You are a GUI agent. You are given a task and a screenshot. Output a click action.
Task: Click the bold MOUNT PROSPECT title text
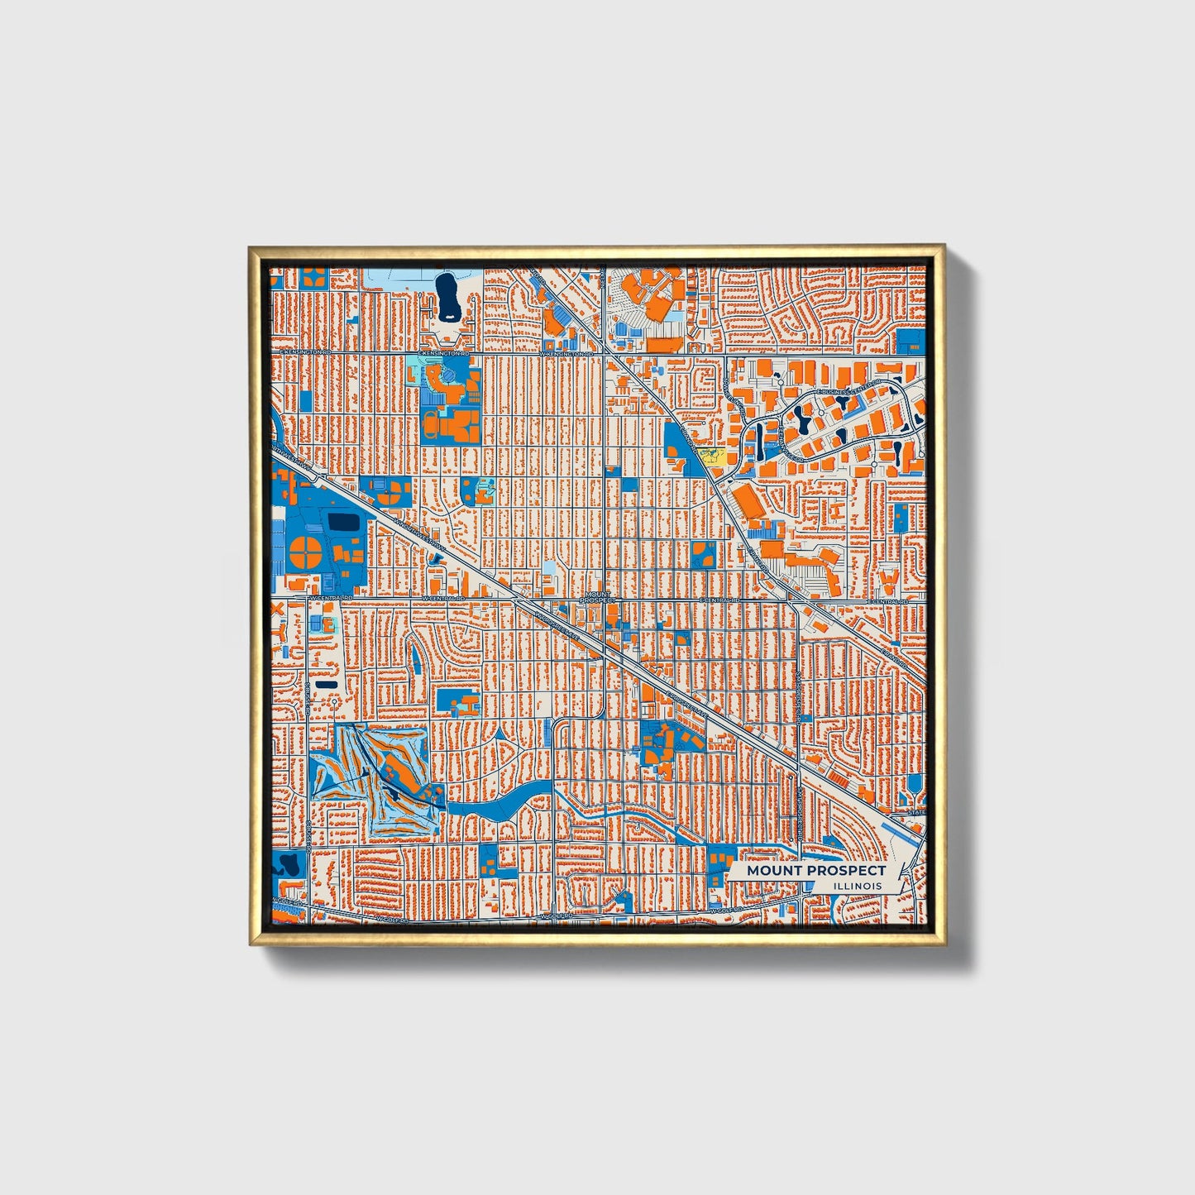(x=815, y=870)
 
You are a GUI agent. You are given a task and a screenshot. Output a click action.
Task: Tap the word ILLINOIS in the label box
(x=858, y=886)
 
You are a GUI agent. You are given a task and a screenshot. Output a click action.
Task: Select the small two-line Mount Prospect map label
(x=598, y=596)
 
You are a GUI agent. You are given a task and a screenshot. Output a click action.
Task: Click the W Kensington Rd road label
(x=567, y=353)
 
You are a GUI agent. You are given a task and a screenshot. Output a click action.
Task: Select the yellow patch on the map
(x=710, y=455)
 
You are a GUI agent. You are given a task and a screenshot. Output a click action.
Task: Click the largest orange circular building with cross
(x=303, y=552)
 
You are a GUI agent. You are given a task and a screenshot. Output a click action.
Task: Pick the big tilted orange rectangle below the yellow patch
(x=751, y=502)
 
